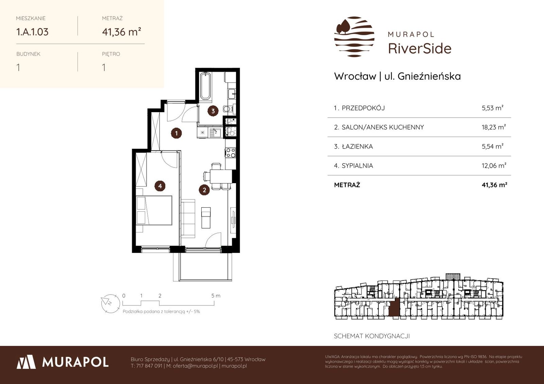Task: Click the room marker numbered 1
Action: click(176, 133)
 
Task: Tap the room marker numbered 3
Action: click(213, 111)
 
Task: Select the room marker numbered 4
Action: click(160, 186)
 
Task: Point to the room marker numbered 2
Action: click(204, 190)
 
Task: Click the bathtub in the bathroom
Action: click(205, 86)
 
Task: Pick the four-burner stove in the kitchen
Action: click(231, 153)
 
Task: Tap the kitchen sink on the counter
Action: click(216, 133)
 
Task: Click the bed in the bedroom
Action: click(154, 210)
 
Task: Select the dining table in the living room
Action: click(221, 176)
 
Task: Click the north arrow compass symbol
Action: click(111, 303)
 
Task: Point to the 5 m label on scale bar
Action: click(216, 296)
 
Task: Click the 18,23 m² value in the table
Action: click(494, 127)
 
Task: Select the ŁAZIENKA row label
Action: click(357, 146)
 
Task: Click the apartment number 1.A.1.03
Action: click(32, 32)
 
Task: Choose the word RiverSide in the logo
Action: click(420, 48)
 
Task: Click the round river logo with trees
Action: click(354, 37)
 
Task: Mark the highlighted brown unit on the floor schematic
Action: click(394, 307)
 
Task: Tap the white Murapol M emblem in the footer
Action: click(26, 362)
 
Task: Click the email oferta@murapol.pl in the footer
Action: click(195, 366)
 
